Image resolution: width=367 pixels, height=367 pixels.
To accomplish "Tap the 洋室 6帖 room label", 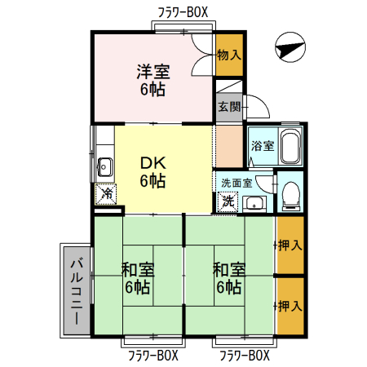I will (x=153, y=79).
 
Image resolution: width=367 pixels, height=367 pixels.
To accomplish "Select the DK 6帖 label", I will (x=153, y=170).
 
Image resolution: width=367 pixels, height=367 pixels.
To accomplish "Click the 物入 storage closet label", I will (x=229, y=55).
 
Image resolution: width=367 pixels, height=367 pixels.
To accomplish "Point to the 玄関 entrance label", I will (x=229, y=106).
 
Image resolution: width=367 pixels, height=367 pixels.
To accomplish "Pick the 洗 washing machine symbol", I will (x=229, y=200).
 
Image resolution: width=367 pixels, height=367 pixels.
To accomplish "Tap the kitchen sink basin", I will (x=104, y=168).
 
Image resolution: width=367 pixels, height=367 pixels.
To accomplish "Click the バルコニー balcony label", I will (x=75, y=290).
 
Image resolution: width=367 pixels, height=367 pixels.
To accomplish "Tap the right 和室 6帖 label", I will (x=228, y=277).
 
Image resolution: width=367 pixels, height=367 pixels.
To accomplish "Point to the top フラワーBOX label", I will (x=183, y=11).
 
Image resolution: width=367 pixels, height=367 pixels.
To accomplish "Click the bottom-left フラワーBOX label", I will (x=153, y=356).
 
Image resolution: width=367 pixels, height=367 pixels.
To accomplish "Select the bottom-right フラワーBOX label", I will (x=244, y=356).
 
